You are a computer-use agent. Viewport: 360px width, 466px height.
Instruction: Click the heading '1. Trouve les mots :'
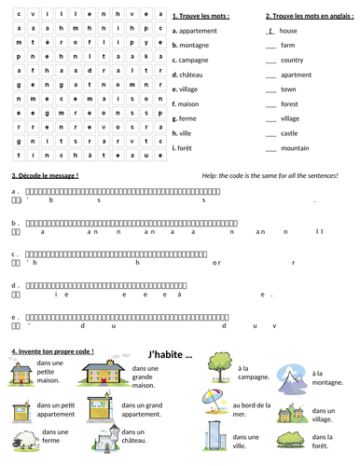tap(201, 16)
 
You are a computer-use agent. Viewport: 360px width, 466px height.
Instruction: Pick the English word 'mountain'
tap(295, 147)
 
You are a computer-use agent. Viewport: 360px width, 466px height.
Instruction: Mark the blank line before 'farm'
tap(270, 46)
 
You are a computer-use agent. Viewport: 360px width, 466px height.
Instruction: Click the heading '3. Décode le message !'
tap(45, 175)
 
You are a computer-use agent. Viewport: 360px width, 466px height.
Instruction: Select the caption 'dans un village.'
tap(323, 415)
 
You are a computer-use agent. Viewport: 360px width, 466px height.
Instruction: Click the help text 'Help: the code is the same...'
tap(270, 175)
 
